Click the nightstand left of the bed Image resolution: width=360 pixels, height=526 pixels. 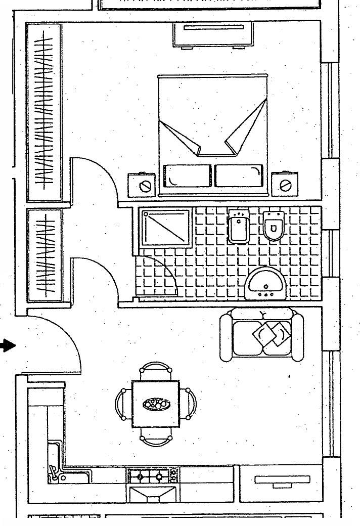coord(141,185)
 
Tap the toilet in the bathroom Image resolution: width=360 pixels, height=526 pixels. coord(273,226)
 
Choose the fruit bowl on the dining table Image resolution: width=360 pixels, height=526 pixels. coord(156,404)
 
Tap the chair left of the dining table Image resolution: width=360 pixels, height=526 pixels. coord(123,404)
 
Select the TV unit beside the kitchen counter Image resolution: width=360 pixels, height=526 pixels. coord(281,484)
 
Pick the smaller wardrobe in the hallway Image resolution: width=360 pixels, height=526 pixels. coord(45,255)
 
